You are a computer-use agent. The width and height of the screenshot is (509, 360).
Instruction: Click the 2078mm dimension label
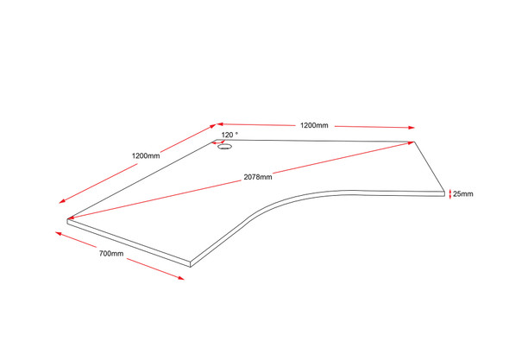pos(258,177)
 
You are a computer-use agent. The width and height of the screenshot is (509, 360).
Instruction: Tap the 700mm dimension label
pos(111,254)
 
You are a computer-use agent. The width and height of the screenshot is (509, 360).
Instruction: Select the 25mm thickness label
pos(463,194)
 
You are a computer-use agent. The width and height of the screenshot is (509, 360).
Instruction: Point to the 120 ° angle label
pos(229,135)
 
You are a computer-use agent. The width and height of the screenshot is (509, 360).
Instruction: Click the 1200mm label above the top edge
pos(314,125)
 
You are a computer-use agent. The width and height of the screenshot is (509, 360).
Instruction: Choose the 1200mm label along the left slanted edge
pos(146,156)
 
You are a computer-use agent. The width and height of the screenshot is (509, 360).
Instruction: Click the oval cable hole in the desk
pos(224,147)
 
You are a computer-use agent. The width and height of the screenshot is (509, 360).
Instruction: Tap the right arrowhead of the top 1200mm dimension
pos(412,128)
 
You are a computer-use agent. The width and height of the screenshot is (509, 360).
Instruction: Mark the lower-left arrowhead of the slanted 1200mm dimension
pos(62,201)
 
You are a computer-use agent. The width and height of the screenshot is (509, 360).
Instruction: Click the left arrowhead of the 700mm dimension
pos(59,233)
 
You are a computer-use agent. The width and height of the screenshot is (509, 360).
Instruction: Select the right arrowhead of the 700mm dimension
pos(181,278)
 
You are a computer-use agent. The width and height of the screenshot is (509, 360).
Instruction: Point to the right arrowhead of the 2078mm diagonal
pos(411,142)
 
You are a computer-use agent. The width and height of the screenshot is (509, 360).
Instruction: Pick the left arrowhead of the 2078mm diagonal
pos(72,218)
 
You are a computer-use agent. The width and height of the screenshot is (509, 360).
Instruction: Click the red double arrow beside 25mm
pos(450,194)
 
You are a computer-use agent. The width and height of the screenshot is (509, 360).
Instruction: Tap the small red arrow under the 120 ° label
pos(218,142)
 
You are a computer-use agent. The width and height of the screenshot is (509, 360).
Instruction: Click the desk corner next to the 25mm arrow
pos(444,192)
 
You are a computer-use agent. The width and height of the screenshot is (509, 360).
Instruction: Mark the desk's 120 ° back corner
pos(217,140)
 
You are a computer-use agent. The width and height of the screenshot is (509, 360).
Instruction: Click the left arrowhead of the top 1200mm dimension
pos(220,123)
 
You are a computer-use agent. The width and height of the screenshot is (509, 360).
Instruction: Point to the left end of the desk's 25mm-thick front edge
pos(67,221)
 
